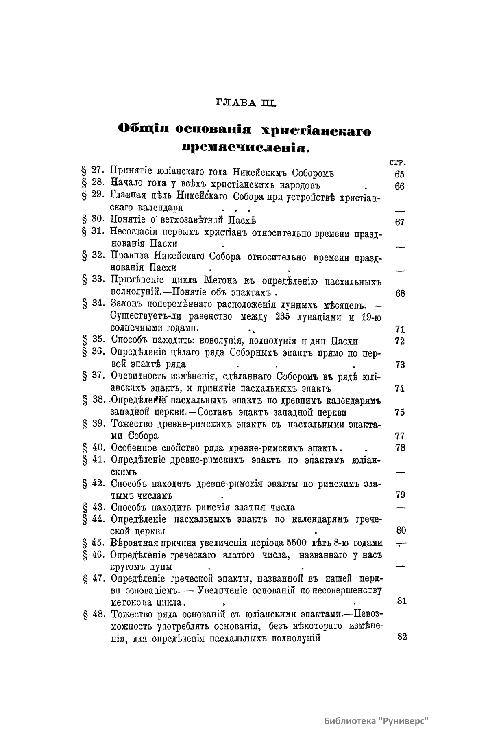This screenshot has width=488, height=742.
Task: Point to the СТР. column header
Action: click(x=399, y=163)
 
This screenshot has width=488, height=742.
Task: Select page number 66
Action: click(x=399, y=186)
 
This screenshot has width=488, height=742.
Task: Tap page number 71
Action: click(x=400, y=329)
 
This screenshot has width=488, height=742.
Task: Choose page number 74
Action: click(x=400, y=388)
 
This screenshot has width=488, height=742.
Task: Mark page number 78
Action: click(x=400, y=448)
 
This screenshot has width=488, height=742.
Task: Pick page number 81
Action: click(x=401, y=601)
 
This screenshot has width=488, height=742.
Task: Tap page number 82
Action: click(x=402, y=637)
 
